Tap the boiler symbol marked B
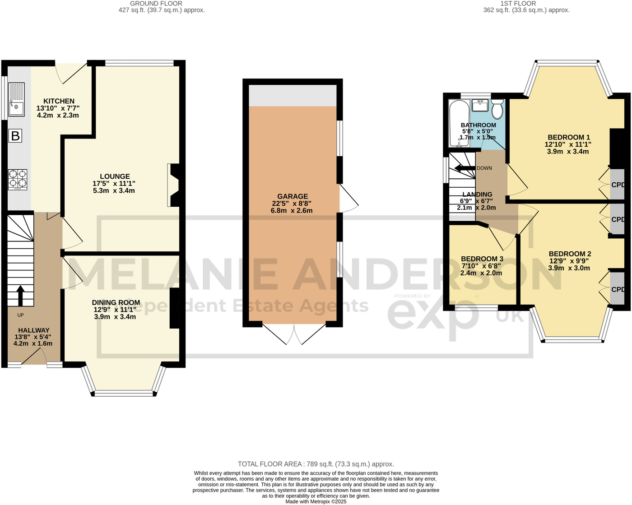[x=15, y=135]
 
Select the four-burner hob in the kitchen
[x=18, y=179]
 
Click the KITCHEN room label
[x=59, y=101]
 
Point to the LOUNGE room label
[x=115, y=176]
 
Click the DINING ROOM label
[x=116, y=302]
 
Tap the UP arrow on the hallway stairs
[x=20, y=296]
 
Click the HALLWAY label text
[x=34, y=330]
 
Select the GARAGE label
[x=293, y=196]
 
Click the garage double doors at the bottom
[x=294, y=334]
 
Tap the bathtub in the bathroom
[x=459, y=123]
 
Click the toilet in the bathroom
[x=497, y=109]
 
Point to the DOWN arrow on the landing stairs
[x=465, y=168]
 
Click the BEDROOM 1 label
[x=568, y=137]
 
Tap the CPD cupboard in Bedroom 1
[x=617, y=185]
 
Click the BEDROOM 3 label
[x=482, y=259]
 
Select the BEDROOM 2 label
[x=570, y=254]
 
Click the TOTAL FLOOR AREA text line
[x=316, y=464]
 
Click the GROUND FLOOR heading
[x=156, y=4]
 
